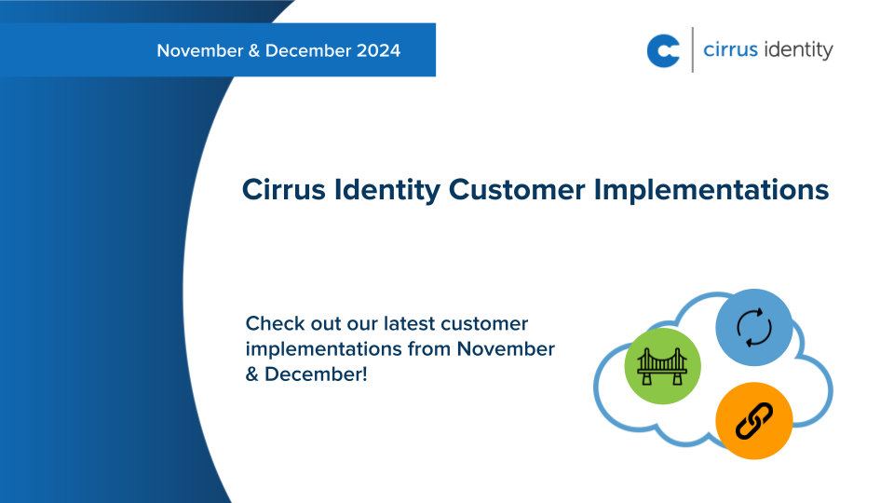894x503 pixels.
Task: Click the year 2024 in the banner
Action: pyautogui.click(x=378, y=50)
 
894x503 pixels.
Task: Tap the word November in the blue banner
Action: pyautogui.click(x=200, y=50)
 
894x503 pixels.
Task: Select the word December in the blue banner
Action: pyautogui.click(x=307, y=50)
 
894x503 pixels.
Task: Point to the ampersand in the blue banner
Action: pyautogui.click(x=254, y=50)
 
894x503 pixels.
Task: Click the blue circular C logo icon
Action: pyautogui.click(x=663, y=50)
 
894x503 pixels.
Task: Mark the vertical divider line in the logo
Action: pyautogui.click(x=692, y=50)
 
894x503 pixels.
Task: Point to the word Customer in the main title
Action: pyautogui.click(x=517, y=189)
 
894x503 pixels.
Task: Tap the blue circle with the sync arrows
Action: pyautogui.click(x=753, y=327)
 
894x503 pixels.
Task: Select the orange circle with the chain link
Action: pyautogui.click(x=753, y=421)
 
